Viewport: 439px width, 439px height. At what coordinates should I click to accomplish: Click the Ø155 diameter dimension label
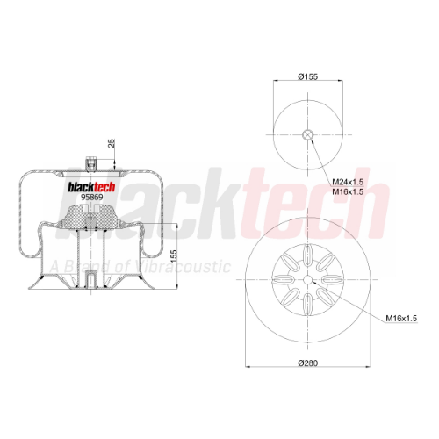307,76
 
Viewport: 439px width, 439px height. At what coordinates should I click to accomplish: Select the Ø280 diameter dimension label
307,363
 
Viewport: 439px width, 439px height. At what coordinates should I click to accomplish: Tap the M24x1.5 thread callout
348,182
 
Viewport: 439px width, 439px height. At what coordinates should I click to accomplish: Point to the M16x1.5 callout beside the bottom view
401,318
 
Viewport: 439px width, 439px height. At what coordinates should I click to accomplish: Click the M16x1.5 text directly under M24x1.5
348,192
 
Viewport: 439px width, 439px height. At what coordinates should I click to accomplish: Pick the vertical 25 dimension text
112,143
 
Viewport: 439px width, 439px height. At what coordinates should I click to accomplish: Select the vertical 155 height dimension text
174,256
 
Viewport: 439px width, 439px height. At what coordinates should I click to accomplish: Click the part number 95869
92,198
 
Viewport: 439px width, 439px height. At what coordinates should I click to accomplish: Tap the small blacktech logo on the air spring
91,187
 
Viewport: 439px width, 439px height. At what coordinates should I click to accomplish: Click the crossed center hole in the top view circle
307,135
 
